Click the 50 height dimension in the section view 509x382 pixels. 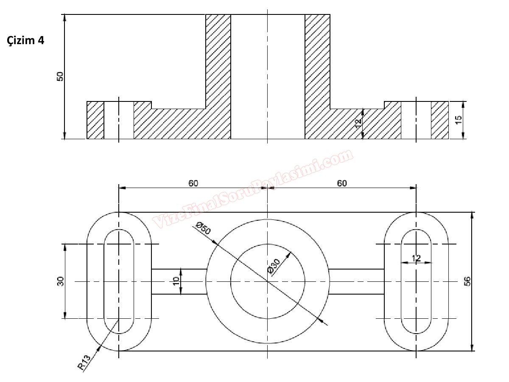pyautogui.click(x=60, y=76)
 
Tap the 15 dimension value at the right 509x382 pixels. pyautogui.click(x=459, y=120)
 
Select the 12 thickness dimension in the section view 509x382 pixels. pyautogui.click(x=358, y=123)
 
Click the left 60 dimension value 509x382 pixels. pyautogui.click(x=193, y=183)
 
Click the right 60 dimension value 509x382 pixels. pyautogui.click(x=342, y=183)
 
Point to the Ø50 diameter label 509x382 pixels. pyautogui.click(x=203, y=230)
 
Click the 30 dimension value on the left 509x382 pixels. pyautogui.click(x=60, y=281)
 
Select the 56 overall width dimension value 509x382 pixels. pyautogui.click(x=467, y=281)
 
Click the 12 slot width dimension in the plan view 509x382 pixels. pyautogui.click(x=416, y=258)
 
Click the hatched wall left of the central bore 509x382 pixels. pyautogui.click(x=218, y=76)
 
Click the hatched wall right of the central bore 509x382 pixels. pyautogui.click(x=317, y=76)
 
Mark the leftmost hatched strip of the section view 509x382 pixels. pyautogui.click(x=95, y=120)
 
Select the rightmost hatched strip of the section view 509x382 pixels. pyautogui.click(x=440, y=120)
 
